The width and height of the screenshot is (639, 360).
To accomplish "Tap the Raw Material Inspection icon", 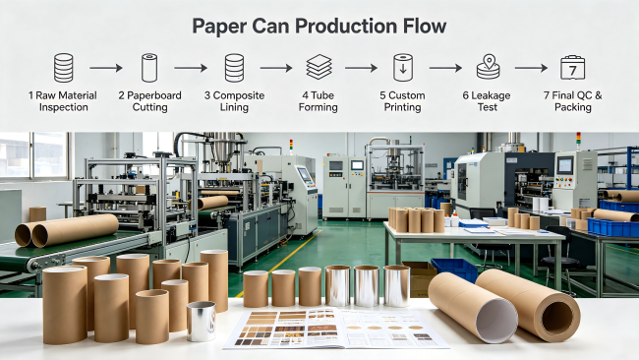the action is (64, 68).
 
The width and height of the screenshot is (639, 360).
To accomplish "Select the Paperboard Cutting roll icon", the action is (149, 68).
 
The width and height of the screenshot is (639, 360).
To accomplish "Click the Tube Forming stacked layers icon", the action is (319, 67).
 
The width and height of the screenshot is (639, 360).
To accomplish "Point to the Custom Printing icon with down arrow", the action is (403, 68).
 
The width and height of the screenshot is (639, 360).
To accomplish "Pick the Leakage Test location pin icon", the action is (489, 67).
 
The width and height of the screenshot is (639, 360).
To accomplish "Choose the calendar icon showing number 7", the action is (572, 68).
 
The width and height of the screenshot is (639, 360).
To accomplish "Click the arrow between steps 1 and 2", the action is (106, 68).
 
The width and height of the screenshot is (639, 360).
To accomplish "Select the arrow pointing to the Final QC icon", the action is (531, 68).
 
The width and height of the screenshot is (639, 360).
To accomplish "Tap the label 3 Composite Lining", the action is (234, 101).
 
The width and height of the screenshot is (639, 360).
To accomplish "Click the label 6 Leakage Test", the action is (487, 101).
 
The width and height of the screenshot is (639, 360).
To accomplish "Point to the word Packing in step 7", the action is (573, 107).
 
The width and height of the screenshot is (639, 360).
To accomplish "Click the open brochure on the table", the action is (336, 329).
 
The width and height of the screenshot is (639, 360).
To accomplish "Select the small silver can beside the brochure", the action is (202, 322).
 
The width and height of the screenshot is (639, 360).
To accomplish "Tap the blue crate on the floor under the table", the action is (453, 270).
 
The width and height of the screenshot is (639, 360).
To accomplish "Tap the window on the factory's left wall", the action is (34, 155).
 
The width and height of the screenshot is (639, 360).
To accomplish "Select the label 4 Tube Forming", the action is (318, 101).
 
